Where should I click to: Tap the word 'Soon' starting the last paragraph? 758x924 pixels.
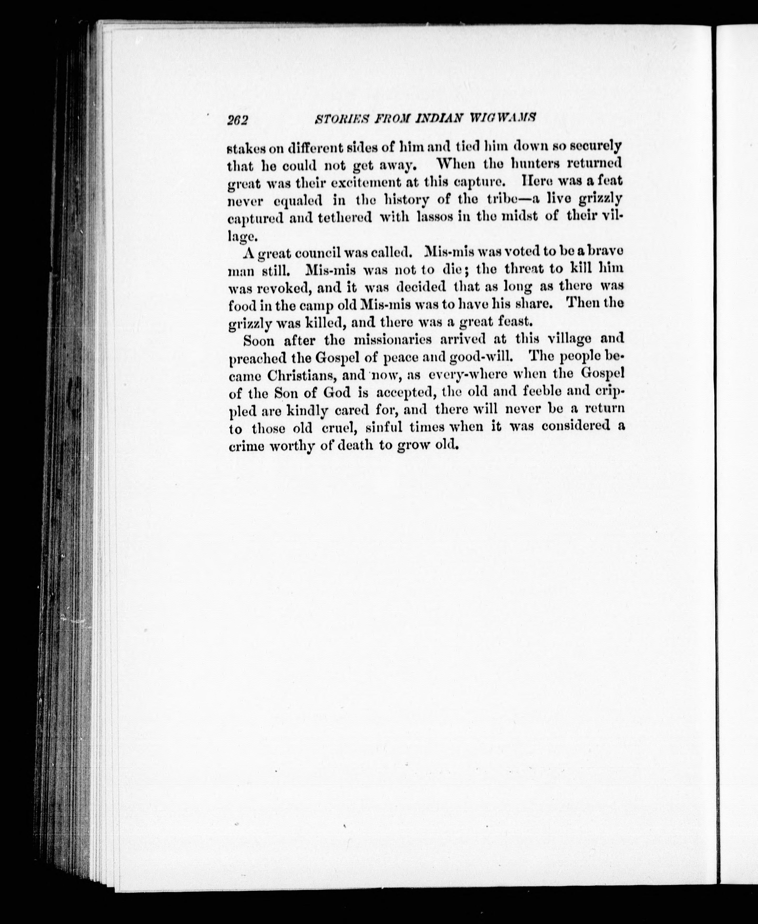(259, 340)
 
